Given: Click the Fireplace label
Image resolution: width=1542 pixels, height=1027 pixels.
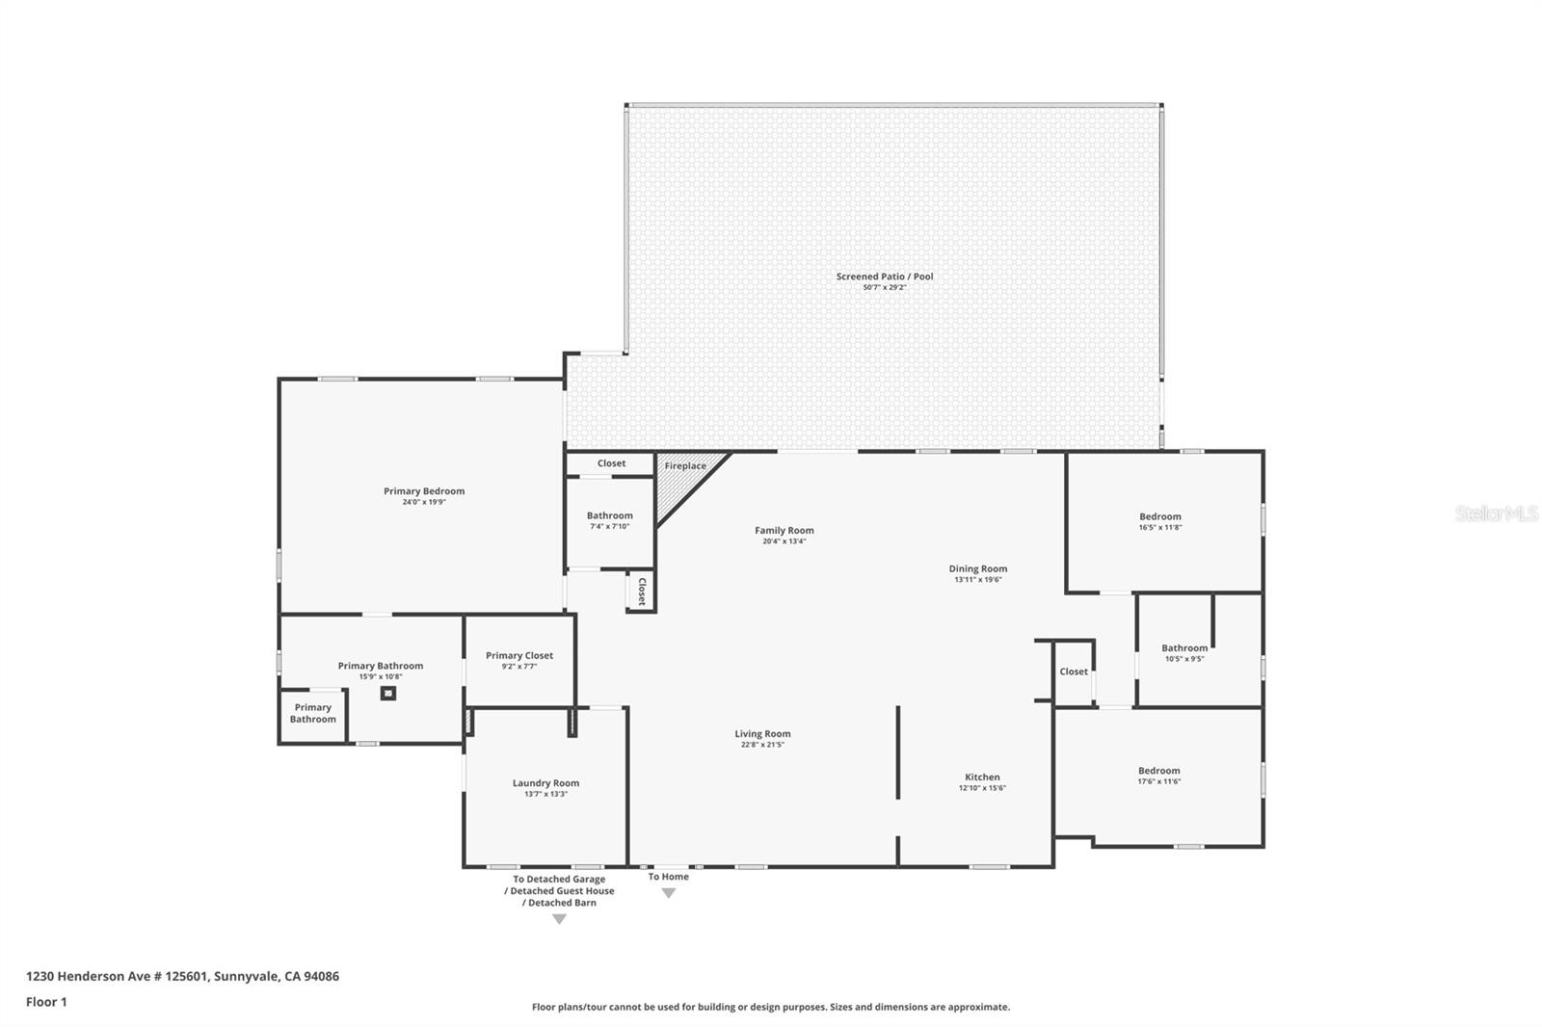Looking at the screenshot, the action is click(x=685, y=466).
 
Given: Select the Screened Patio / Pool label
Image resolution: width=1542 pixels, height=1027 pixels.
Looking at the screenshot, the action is click(x=885, y=276).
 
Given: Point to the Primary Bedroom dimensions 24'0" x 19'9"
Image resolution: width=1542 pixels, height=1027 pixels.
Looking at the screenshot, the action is click(x=424, y=503).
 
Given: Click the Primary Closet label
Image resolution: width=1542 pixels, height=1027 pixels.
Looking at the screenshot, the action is click(x=519, y=656).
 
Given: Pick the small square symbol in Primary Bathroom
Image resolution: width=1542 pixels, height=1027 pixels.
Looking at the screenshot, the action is click(x=388, y=694).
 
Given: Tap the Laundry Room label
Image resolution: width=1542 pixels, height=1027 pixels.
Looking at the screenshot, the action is click(x=545, y=783).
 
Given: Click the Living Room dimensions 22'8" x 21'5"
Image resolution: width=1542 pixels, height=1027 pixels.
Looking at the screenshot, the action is click(x=762, y=745).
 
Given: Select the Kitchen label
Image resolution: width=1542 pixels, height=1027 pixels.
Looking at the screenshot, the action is click(x=982, y=777).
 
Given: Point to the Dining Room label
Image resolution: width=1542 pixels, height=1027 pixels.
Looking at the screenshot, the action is click(x=977, y=568).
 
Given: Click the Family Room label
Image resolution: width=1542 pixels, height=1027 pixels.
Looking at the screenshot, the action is click(x=784, y=530).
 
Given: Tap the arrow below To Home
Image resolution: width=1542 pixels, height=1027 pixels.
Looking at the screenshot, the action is click(x=669, y=893).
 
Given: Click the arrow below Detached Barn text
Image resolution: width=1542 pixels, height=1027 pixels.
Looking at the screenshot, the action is click(x=560, y=920).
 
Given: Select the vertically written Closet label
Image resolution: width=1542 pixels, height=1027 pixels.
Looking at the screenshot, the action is click(x=642, y=592).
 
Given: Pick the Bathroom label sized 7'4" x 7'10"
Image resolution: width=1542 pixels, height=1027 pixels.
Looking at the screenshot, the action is click(x=610, y=515).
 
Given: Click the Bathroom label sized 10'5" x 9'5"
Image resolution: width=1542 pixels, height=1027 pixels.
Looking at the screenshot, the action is click(x=1184, y=647).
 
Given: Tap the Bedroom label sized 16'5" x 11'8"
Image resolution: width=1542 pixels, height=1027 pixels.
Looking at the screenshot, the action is click(x=1160, y=516).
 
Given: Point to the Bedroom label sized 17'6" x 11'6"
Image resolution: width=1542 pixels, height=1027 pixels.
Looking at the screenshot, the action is click(x=1159, y=771).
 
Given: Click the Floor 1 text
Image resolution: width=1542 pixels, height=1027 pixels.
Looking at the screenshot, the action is click(x=47, y=1002).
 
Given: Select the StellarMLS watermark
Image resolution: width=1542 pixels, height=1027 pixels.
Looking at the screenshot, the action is click(x=1497, y=513).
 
